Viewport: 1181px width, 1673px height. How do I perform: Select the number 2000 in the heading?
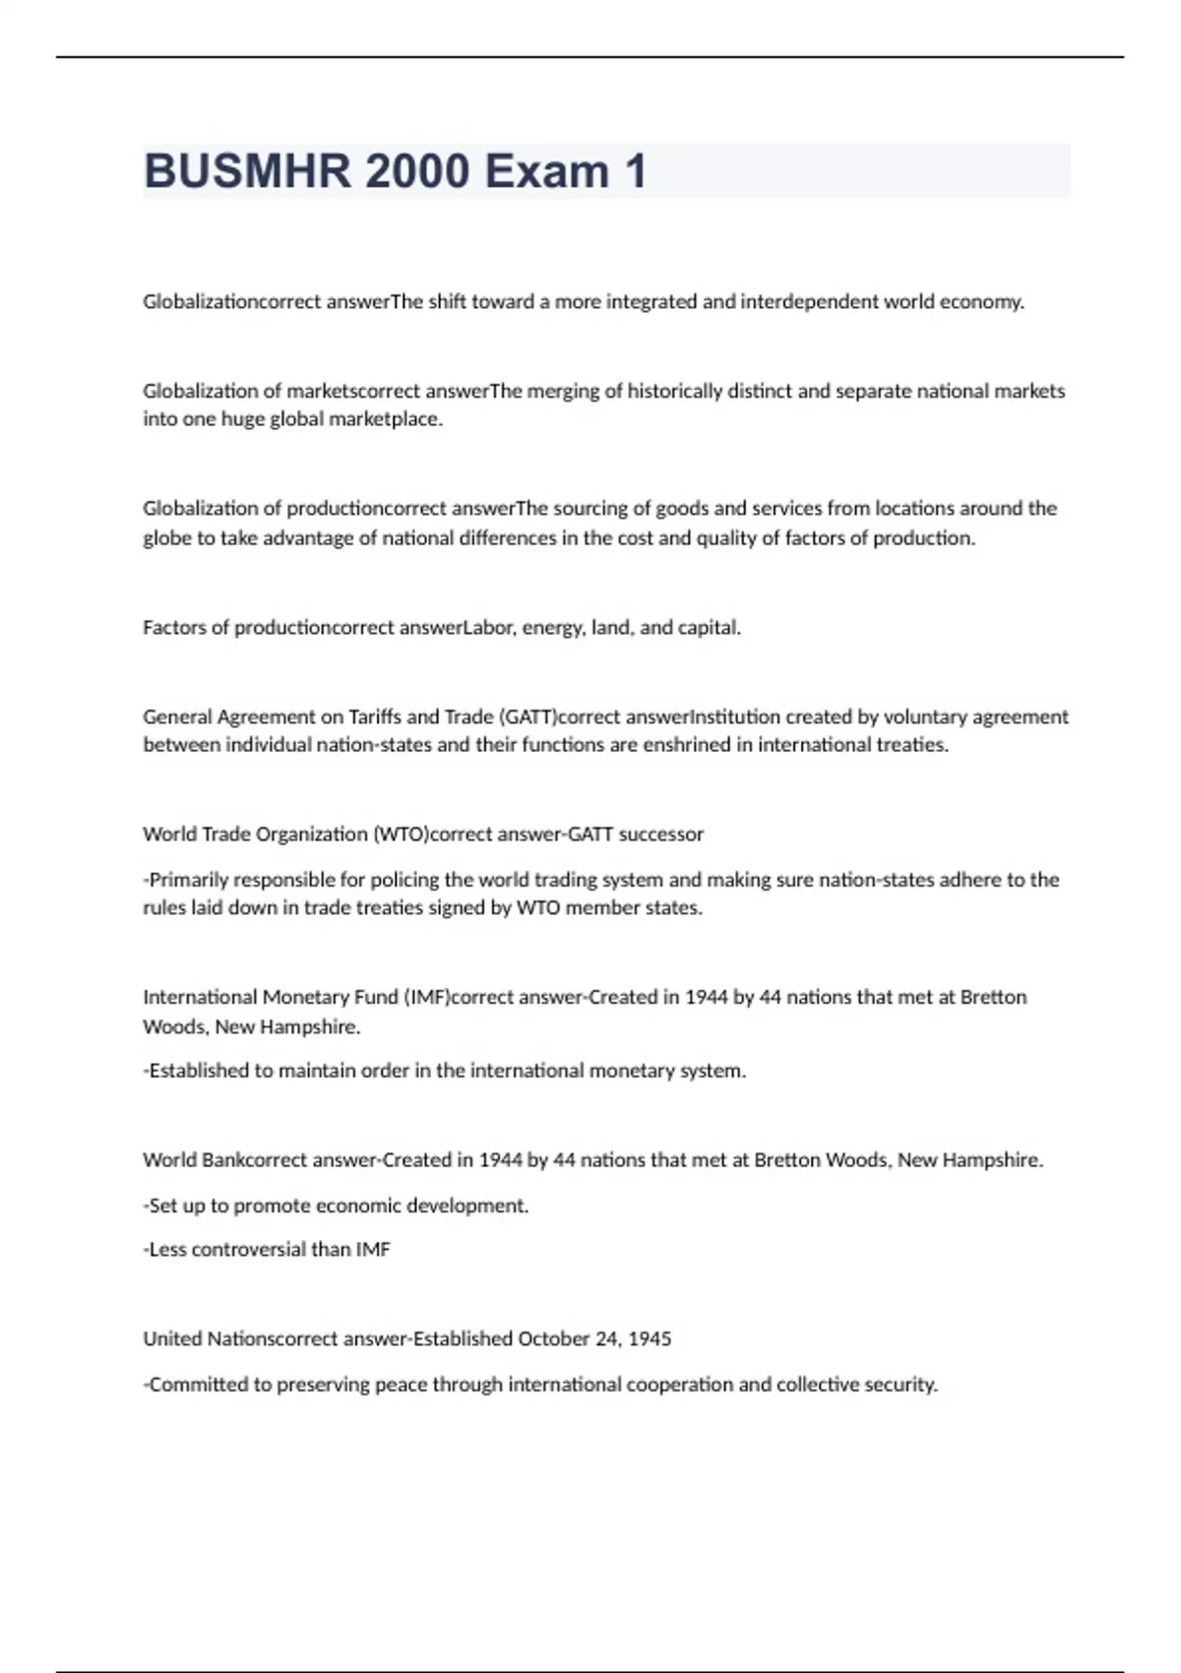(x=417, y=171)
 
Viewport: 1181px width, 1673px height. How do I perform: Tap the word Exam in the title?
(x=546, y=171)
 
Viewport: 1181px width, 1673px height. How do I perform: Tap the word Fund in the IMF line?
(x=376, y=997)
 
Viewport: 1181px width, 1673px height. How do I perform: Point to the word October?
(x=555, y=1338)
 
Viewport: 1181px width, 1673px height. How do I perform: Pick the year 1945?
(x=650, y=1338)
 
